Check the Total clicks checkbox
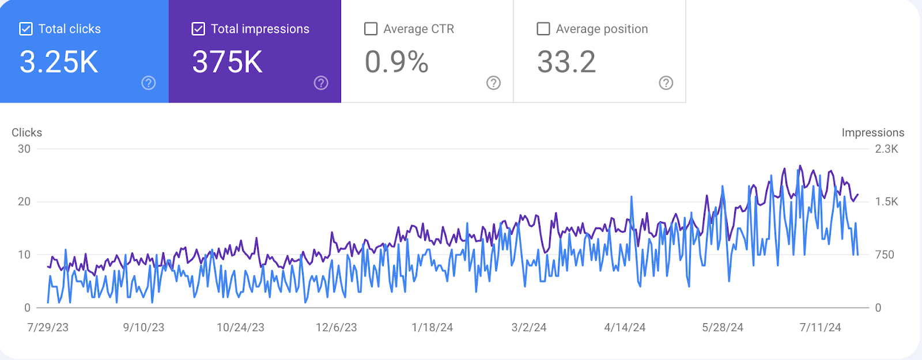(x=26, y=29)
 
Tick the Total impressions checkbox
(x=198, y=29)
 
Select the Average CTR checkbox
(x=371, y=29)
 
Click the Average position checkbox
(x=543, y=29)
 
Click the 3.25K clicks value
(x=59, y=62)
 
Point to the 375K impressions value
(x=228, y=62)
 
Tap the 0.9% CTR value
(x=396, y=62)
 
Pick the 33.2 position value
(x=566, y=62)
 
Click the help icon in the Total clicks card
(x=149, y=83)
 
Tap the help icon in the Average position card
(x=666, y=83)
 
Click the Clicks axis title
(x=27, y=132)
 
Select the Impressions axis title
(x=872, y=132)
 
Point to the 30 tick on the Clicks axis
(x=24, y=149)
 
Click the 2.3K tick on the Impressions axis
(x=886, y=149)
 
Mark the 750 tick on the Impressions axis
(x=885, y=255)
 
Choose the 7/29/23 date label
(x=48, y=327)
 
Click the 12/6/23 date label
(x=337, y=327)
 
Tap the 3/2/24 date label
(x=529, y=327)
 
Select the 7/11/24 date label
(x=820, y=327)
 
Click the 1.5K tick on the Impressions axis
(x=886, y=202)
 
